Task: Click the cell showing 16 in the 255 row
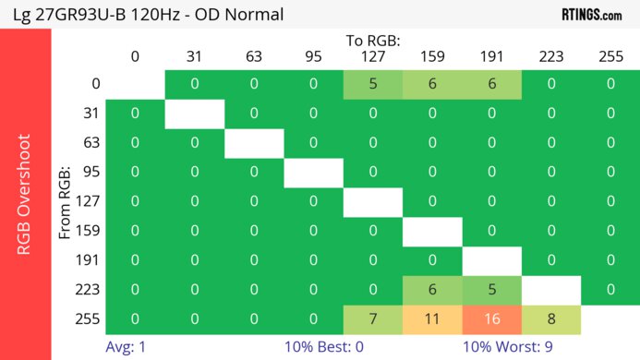491,318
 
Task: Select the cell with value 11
432,318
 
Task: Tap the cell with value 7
373,318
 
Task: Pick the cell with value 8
551,318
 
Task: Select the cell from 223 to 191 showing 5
491,289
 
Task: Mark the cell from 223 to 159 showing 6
432,289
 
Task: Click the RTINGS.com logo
591,15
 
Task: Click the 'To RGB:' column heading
373,41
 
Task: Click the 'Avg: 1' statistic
128,348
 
